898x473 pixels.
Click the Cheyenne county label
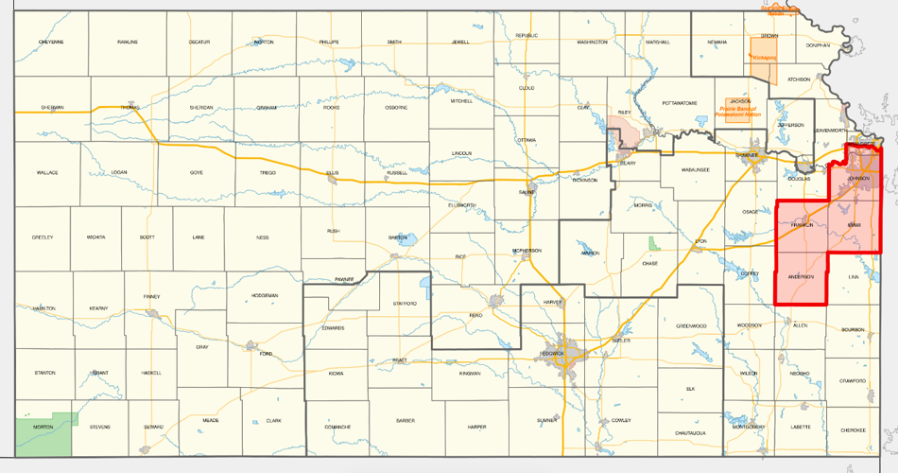(x=51, y=43)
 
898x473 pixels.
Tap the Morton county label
(x=43, y=428)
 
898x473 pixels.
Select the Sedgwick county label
(x=552, y=352)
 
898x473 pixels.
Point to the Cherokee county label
(x=853, y=429)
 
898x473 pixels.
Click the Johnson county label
(x=858, y=178)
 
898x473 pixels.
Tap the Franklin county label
(x=802, y=223)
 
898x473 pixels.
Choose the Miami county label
(x=854, y=224)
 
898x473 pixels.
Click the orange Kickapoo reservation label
(x=763, y=58)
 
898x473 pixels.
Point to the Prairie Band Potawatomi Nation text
(x=740, y=110)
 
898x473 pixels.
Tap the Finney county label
(x=152, y=297)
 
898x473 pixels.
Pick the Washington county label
(x=592, y=43)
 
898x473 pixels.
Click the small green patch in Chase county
(x=653, y=243)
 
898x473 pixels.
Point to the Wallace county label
(x=47, y=173)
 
